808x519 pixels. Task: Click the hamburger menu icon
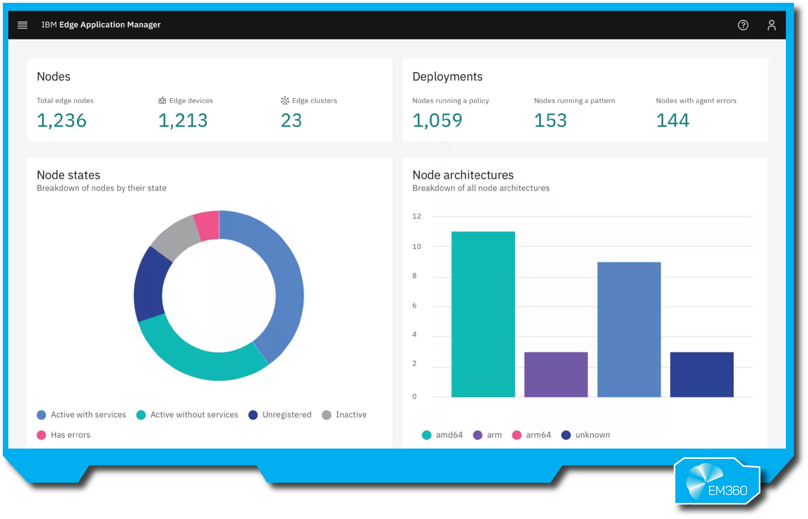pos(23,25)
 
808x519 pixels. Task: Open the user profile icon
pos(771,25)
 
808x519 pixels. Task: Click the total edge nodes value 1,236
pos(62,120)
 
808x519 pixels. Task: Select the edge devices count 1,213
pos(183,120)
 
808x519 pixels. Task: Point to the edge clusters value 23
pos(291,120)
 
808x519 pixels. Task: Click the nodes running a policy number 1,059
pos(437,120)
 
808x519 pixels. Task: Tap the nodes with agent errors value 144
pos(673,120)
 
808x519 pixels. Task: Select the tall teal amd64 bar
pos(483,313)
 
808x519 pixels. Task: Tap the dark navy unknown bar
pos(702,374)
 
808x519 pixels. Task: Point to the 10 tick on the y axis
pos(417,246)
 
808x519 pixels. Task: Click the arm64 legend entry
pos(531,435)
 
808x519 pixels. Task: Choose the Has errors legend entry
pos(64,435)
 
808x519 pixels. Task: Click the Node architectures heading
pos(463,175)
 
